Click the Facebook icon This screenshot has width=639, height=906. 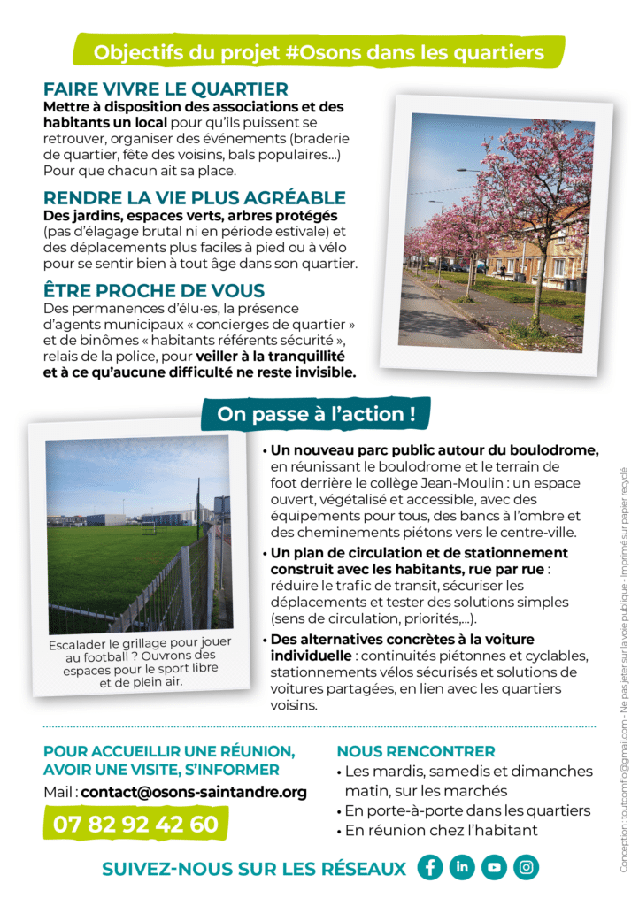point(430,867)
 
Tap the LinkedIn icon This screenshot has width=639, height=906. point(462,867)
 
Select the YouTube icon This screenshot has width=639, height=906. point(494,867)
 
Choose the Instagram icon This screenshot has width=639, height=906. point(526,867)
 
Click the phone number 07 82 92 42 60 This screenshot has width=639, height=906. point(135,824)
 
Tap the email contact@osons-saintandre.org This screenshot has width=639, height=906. point(194,792)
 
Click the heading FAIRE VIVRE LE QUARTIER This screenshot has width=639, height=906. point(166,88)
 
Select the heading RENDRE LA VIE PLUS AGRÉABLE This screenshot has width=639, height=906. point(195,197)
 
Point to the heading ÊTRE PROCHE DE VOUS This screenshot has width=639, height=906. point(154,290)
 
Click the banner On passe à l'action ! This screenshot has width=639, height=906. point(317,413)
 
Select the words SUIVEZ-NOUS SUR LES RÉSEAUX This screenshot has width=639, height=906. point(254,869)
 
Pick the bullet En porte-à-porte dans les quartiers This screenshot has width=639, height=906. point(467,810)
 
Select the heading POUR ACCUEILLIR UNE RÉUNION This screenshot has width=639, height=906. point(169,751)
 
